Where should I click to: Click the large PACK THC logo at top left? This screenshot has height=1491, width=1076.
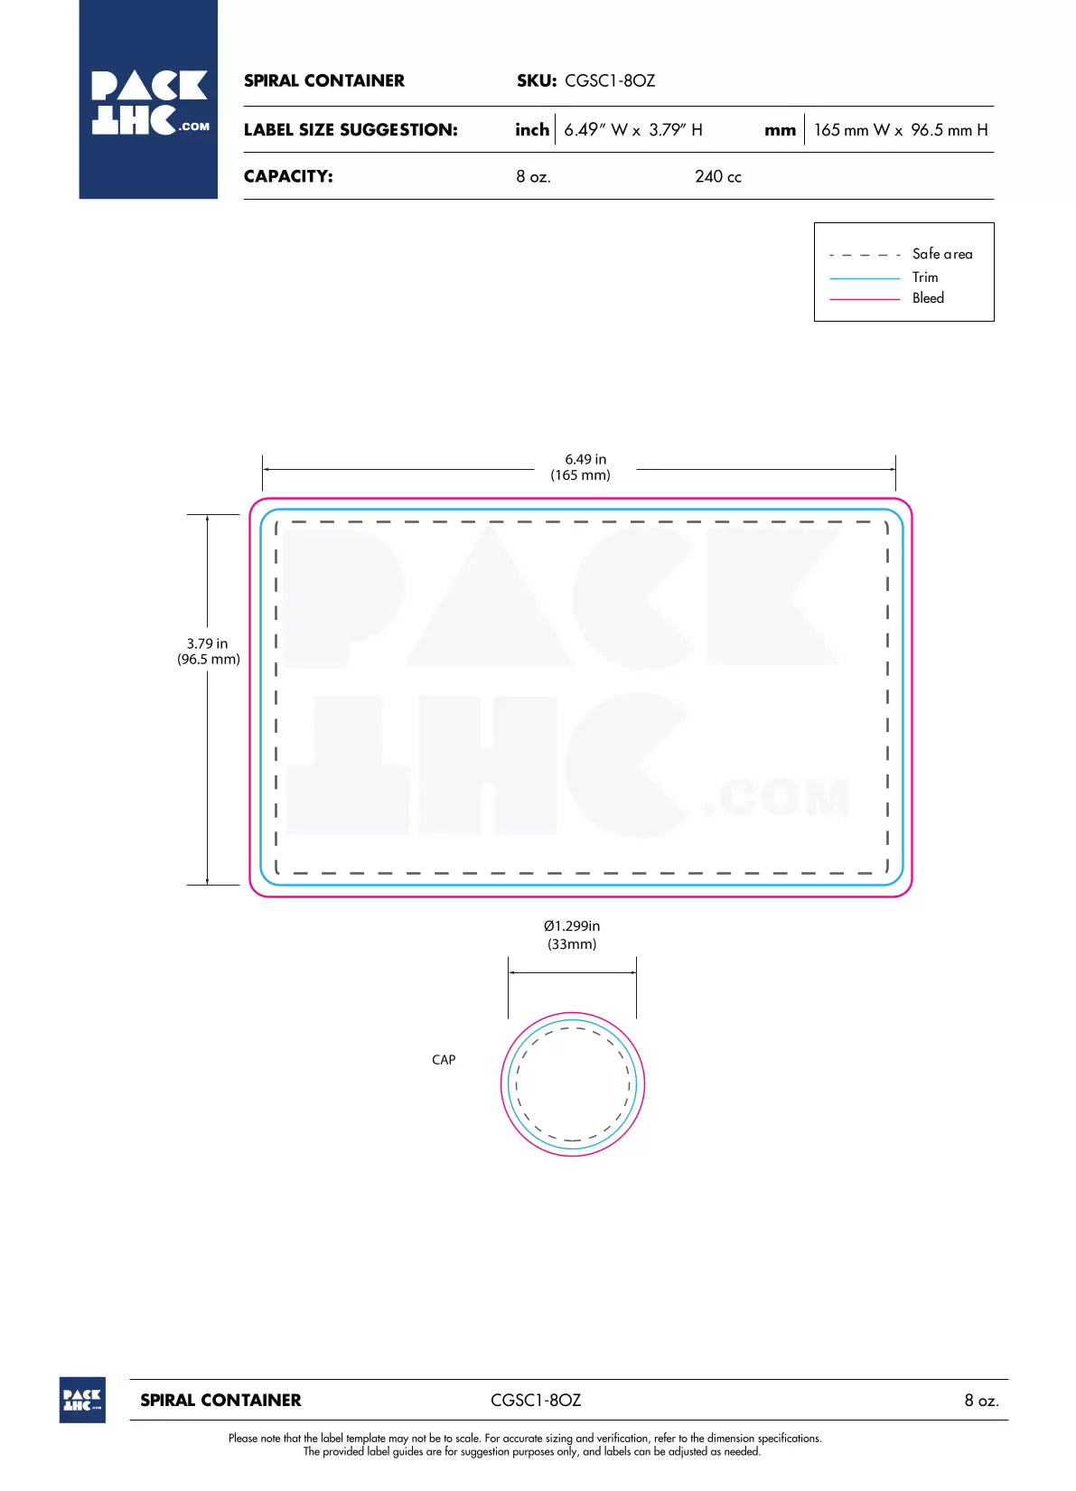click(x=148, y=99)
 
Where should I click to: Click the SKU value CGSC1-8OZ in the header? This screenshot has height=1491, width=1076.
click(x=610, y=80)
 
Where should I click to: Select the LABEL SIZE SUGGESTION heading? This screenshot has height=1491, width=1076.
click(x=351, y=130)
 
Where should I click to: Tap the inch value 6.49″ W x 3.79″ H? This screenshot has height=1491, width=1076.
click(x=632, y=130)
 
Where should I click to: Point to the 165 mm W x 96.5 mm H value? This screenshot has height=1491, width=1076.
click(x=901, y=130)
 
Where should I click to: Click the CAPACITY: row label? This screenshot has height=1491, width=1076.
click(x=288, y=176)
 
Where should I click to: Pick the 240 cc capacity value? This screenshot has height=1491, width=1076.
click(x=718, y=176)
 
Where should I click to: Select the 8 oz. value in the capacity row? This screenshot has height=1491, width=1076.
click(x=533, y=176)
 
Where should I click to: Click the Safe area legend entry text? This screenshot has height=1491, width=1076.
click(x=942, y=254)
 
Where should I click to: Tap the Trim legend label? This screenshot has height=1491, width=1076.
click(x=925, y=277)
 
